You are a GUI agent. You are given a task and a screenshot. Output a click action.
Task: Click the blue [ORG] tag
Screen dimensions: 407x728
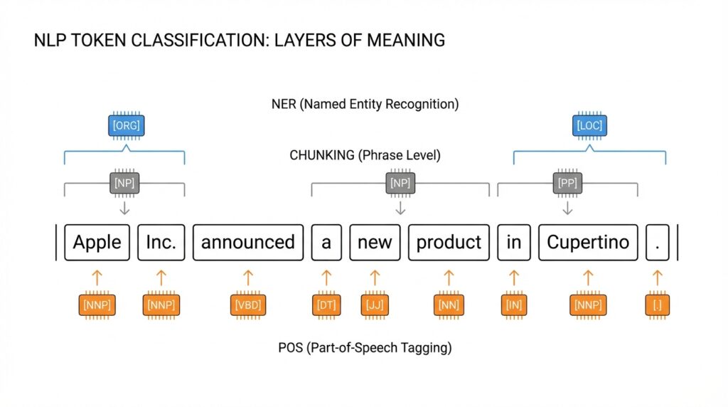coord(125,127)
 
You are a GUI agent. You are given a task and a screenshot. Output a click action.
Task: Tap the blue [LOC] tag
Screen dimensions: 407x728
coord(590,127)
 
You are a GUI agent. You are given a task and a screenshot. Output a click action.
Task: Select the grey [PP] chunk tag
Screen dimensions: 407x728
coord(567,184)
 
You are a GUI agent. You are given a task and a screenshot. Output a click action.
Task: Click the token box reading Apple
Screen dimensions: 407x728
coord(97,242)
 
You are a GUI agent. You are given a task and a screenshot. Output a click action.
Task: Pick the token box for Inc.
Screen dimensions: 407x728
coord(161,242)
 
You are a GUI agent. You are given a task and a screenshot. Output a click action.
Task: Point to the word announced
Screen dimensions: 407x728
coord(248,242)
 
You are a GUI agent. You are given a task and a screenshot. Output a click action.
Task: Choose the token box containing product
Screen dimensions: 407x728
coord(449,242)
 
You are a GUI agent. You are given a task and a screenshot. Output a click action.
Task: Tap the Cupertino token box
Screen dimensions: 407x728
coord(588,242)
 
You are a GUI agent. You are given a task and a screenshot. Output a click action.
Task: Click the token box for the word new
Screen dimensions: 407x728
coord(375,242)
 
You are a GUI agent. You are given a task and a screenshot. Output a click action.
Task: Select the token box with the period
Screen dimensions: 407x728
coord(658,242)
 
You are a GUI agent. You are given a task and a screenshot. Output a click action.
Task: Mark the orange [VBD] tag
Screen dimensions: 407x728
coord(248,306)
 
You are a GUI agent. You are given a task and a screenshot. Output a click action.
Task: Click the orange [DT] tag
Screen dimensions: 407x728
coord(326,306)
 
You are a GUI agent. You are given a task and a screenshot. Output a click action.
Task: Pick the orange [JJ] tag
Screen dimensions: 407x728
coord(375,306)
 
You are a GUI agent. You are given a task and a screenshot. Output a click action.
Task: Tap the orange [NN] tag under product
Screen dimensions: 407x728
coord(449,306)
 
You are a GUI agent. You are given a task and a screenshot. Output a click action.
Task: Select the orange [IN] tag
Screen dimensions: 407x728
coord(514,306)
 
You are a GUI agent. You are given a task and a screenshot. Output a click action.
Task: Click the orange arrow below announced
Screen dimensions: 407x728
coord(248,277)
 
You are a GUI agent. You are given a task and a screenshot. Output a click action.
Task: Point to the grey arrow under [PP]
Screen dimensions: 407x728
coord(567,208)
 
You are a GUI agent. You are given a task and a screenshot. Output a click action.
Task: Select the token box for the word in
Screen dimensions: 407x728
coord(514,242)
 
